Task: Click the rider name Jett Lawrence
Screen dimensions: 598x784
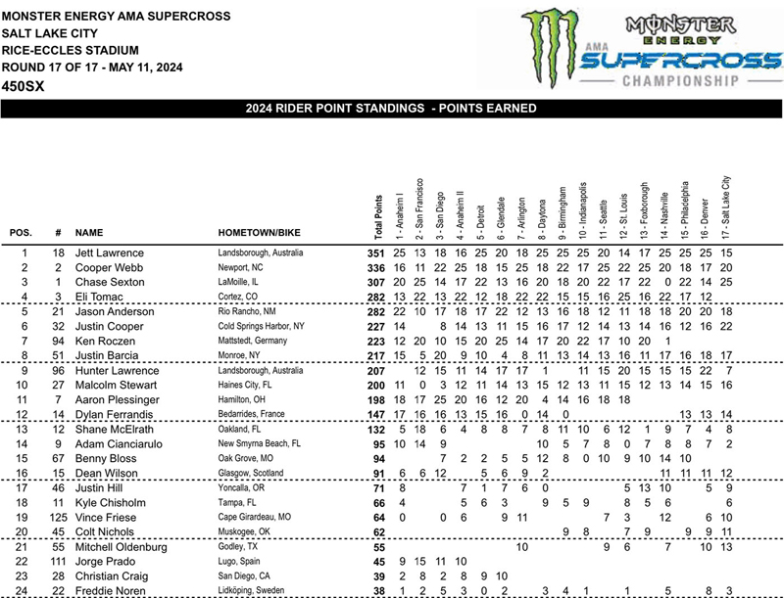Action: (109, 253)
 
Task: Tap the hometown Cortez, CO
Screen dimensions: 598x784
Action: (239, 296)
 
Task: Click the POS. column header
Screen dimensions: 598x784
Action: (21, 234)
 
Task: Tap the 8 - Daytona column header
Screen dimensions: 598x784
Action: (542, 215)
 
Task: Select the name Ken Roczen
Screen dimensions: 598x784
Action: (106, 344)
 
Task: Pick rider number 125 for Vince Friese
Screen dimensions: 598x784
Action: (58, 515)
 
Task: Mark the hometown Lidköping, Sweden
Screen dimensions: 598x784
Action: (258, 590)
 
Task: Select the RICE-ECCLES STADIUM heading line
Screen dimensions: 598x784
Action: (70, 50)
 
